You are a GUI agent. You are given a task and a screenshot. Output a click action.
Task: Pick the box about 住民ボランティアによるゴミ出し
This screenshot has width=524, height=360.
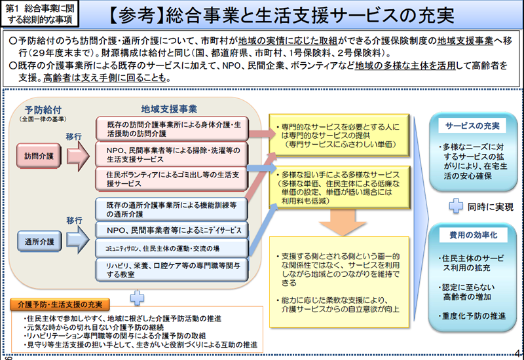173,179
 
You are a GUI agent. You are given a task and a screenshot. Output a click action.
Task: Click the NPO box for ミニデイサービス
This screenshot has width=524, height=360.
173,230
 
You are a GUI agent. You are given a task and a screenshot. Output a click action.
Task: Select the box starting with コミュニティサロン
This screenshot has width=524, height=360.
173,249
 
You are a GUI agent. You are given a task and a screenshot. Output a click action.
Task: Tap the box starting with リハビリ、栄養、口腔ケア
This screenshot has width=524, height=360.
173,270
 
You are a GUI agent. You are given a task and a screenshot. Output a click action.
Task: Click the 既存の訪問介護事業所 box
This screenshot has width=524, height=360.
173,128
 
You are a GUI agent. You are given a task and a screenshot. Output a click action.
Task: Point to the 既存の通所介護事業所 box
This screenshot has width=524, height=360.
173,209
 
